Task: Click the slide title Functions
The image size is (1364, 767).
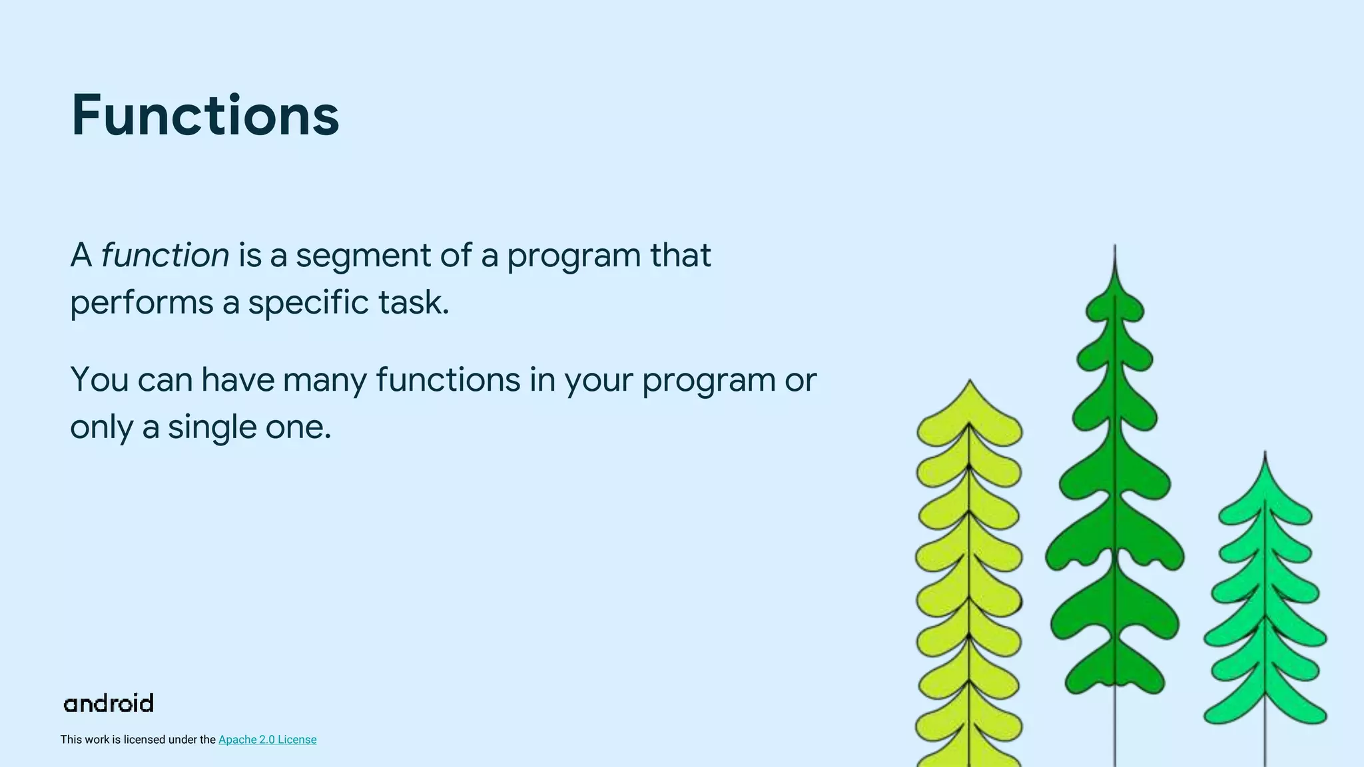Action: click(205, 116)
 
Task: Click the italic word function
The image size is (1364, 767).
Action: click(165, 256)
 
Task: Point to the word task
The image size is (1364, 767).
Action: click(414, 303)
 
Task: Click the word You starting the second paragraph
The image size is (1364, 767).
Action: click(99, 380)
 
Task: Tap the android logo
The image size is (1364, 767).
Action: click(109, 704)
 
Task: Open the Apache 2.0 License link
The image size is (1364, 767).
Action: click(267, 740)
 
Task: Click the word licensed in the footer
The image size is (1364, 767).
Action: click(144, 740)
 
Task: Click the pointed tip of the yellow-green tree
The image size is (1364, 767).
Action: click(970, 383)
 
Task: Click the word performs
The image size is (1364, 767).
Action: click(141, 303)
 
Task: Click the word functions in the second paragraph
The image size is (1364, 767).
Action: click(448, 380)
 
